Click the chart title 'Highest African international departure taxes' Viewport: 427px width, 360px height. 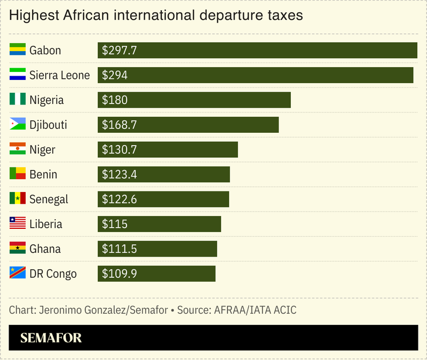(x=156, y=15)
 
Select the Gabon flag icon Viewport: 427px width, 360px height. (x=18, y=50)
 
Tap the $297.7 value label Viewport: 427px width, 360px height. (x=120, y=50)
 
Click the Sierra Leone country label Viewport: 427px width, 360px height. (x=60, y=75)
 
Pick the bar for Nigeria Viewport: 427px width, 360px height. (x=194, y=100)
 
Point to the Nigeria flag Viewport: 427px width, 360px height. (x=18, y=100)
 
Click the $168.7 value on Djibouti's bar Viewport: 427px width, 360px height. (x=120, y=125)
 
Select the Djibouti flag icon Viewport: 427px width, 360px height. (x=18, y=125)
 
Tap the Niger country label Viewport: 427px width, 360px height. (x=42, y=150)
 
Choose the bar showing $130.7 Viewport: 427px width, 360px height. (x=168, y=150)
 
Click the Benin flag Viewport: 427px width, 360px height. (x=18, y=174)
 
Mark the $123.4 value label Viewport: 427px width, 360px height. (x=120, y=174)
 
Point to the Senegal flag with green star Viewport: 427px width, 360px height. (x=18, y=199)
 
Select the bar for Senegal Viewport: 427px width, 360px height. (x=163, y=199)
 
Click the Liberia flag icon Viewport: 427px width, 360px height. (x=18, y=224)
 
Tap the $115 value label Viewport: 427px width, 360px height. (x=115, y=224)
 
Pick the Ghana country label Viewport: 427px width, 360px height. (x=45, y=249)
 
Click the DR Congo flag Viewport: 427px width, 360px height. (x=18, y=274)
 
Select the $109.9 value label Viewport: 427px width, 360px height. (x=120, y=274)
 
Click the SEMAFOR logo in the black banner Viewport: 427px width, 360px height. (x=51, y=338)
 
